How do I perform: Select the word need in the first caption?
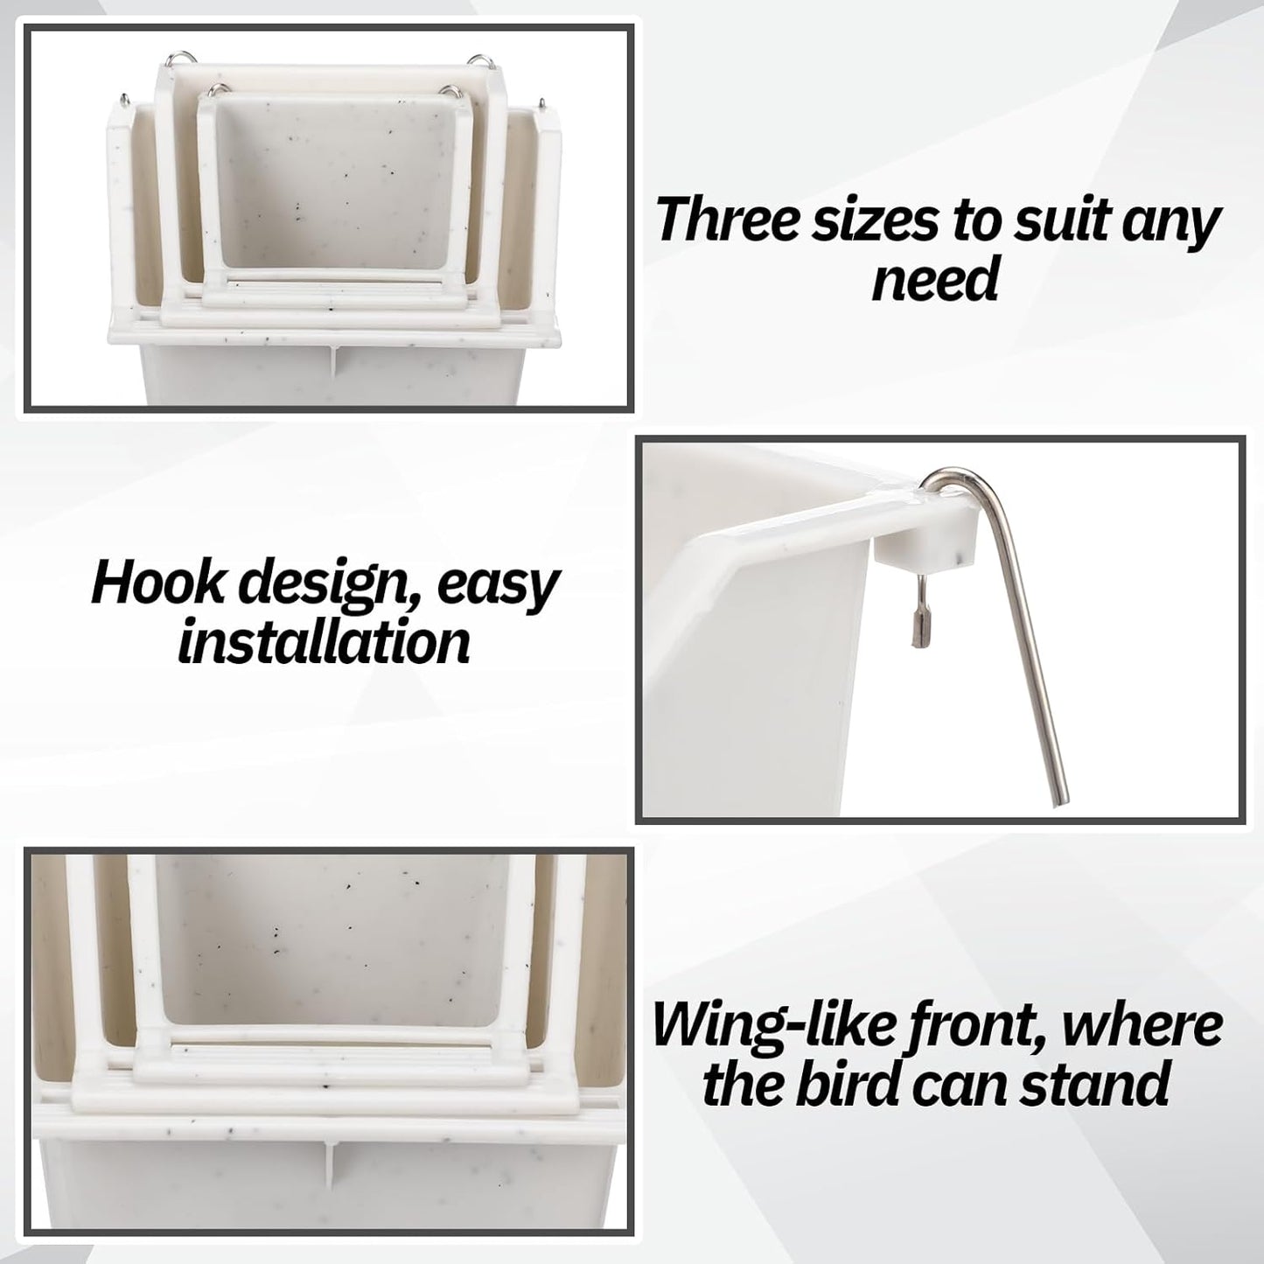point(935,280)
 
